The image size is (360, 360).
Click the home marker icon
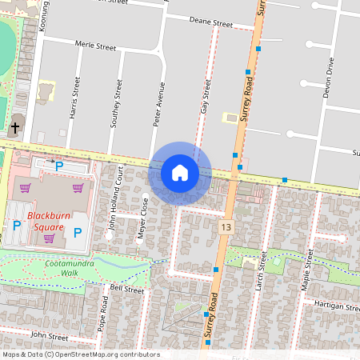click(x=180, y=172)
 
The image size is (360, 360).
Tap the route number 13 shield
click(x=226, y=228)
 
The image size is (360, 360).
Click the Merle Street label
click(x=95, y=47)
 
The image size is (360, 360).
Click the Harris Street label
click(x=76, y=98)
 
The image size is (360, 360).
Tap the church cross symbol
click(x=15, y=127)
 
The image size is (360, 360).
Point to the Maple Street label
click(x=307, y=269)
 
